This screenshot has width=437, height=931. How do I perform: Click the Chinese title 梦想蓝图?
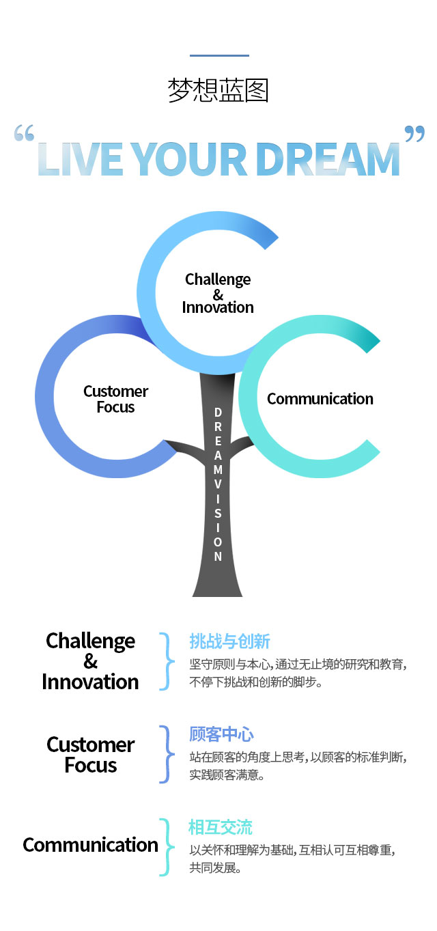pos(218,89)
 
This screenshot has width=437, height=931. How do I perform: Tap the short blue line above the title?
pos(219,55)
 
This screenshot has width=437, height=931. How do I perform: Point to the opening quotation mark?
pos(24,133)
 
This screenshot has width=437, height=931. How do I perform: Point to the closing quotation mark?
pos(414,134)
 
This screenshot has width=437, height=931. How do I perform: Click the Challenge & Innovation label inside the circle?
pos(218,294)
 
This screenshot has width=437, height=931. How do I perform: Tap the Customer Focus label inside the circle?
pos(115,399)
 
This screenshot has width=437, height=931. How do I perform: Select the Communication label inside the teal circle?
pos(320,399)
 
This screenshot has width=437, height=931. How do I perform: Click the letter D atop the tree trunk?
pos(218,413)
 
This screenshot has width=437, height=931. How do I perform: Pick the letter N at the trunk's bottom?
pos(218,557)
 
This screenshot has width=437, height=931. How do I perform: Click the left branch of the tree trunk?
pos(185,447)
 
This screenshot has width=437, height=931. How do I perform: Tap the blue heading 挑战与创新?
pos(229,641)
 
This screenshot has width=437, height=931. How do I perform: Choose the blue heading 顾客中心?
pos(221,734)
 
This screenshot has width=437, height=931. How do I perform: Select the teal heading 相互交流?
pos(221,827)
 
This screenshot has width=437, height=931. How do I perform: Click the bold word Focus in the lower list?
pos(91,765)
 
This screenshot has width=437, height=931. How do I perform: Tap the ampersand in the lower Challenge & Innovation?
pos(91,661)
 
